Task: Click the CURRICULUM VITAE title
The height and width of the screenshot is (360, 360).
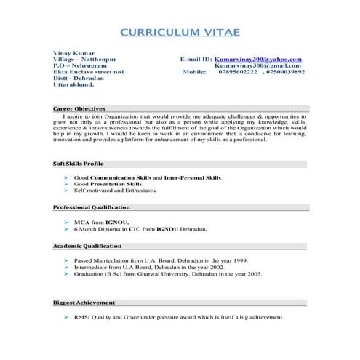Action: pyautogui.click(x=179, y=33)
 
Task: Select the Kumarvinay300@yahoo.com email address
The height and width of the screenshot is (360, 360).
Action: pyautogui.click(x=258, y=59)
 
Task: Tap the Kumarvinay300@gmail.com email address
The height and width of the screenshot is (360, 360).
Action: pyautogui.click(x=258, y=65)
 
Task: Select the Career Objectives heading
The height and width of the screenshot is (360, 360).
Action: pyautogui.click(x=80, y=108)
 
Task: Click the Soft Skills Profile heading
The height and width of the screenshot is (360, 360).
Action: pyautogui.click(x=78, y=164)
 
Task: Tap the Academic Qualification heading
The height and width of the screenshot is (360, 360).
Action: pyautogui.click(x=87, y=246)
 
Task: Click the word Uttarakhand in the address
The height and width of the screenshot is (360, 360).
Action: pyautogui.click(x=73, y=85)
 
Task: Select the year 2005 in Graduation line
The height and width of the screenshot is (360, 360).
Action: pyautogui.click(x=254, y=274)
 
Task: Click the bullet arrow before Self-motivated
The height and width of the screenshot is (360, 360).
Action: pyautogui.click(x=66, y=191)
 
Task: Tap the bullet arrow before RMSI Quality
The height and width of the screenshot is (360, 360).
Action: pyautogui.click(x=66, y=318)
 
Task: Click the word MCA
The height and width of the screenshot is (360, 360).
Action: pyautogui.click(x=81, y=222)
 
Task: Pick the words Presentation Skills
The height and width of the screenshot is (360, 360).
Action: pyautogui.click(x=116, y=184)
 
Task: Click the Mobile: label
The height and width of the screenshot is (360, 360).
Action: pyautogui.click(x=195, y=72)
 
